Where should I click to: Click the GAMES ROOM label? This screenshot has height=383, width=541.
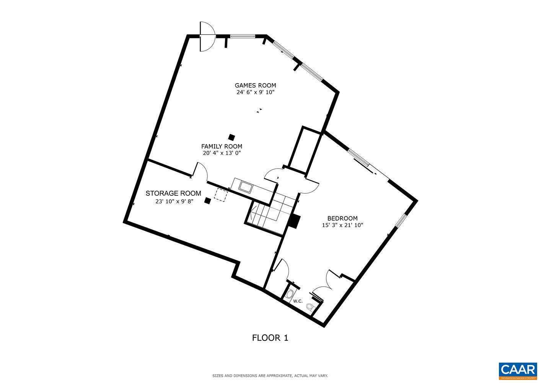tap(255, 85)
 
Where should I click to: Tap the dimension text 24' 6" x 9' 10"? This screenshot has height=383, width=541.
tap(255, 92)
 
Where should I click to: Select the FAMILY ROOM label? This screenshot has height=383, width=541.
tap(222, 146)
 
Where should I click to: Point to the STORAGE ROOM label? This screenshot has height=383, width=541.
tap(173, 193)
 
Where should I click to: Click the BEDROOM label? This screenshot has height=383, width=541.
tap(342, 218)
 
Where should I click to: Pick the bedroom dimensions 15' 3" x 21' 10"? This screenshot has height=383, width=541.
tap(342, 225)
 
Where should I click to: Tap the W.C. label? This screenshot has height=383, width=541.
tap(298, 301)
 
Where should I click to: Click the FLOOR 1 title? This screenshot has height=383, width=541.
tap(270, 337)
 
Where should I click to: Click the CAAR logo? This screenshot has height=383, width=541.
tap(518, 370)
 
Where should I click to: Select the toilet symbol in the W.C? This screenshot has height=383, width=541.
tap(310, 306)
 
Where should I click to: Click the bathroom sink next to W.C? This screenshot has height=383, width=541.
tap(289, 294)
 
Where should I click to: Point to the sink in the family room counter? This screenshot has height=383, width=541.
tap(245, 187)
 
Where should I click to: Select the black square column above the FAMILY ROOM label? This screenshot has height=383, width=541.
tap(231, 137)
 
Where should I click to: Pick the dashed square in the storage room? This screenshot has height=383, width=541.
tap(220, 195)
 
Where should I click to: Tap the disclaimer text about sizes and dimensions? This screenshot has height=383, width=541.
tap(270, 376)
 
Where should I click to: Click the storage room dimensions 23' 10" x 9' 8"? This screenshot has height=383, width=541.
tap(174, 201)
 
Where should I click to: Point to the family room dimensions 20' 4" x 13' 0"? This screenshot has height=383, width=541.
tap(222, 153)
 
